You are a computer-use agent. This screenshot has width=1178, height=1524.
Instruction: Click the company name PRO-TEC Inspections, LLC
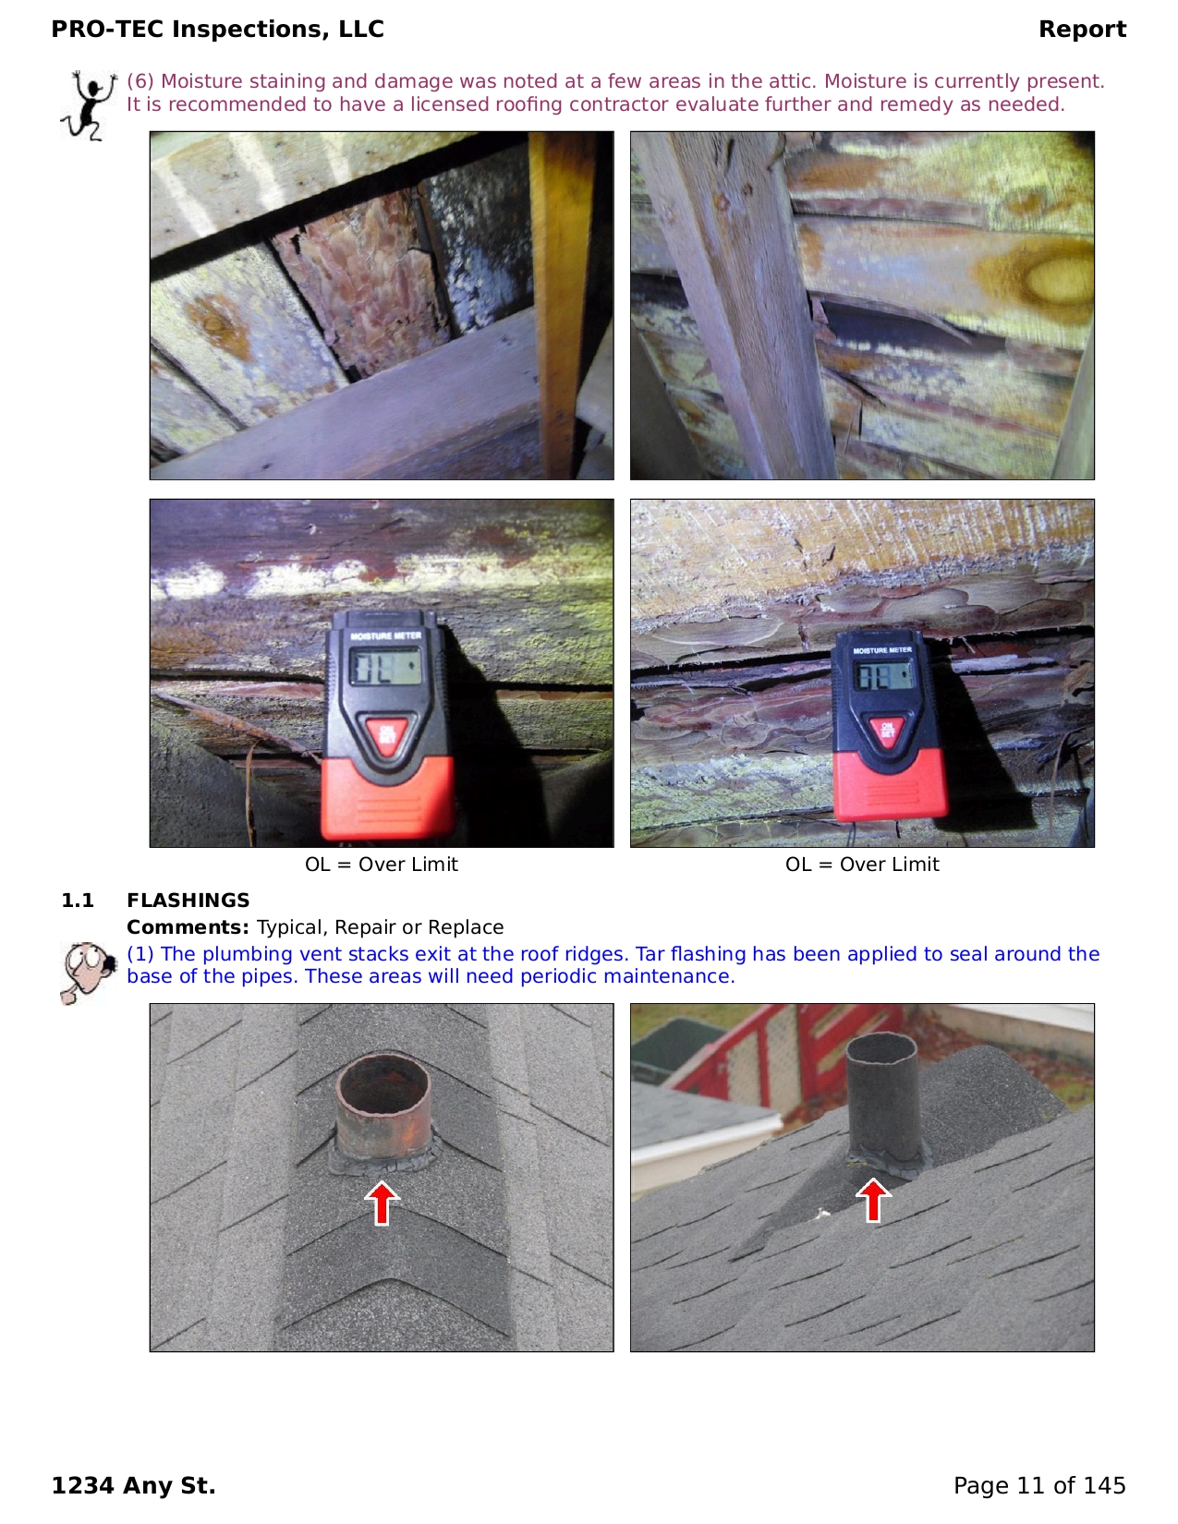[x=217, y=29]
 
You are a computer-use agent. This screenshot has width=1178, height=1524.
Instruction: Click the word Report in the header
[x=1082, y=29]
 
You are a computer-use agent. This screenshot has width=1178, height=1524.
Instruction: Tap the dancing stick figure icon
[x=89, y=105]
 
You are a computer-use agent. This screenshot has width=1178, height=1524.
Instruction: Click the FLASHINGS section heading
[x=188, y=900]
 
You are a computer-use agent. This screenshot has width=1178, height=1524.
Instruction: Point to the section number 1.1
[x=78, y=900]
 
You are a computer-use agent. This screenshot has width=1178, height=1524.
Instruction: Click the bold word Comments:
[x=188, y=927]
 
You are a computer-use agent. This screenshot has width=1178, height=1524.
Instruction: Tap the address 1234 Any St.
[x=133, y=1485]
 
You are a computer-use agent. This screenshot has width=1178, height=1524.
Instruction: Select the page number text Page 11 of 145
[x=1039, y=1485]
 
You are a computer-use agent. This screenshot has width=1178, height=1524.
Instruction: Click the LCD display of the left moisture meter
[x=386, y=666]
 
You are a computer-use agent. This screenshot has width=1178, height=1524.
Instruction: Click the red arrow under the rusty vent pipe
[x=382, y=1203]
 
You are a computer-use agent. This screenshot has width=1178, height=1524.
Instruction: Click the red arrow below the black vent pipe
[x=873, y=1201]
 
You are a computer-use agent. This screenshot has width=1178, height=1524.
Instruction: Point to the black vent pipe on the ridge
[x=882, y=1100]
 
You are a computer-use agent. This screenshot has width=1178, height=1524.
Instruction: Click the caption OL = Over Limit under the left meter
[x=381, y=864]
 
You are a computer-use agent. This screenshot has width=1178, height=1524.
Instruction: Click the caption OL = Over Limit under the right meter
[x=862, y=864]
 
